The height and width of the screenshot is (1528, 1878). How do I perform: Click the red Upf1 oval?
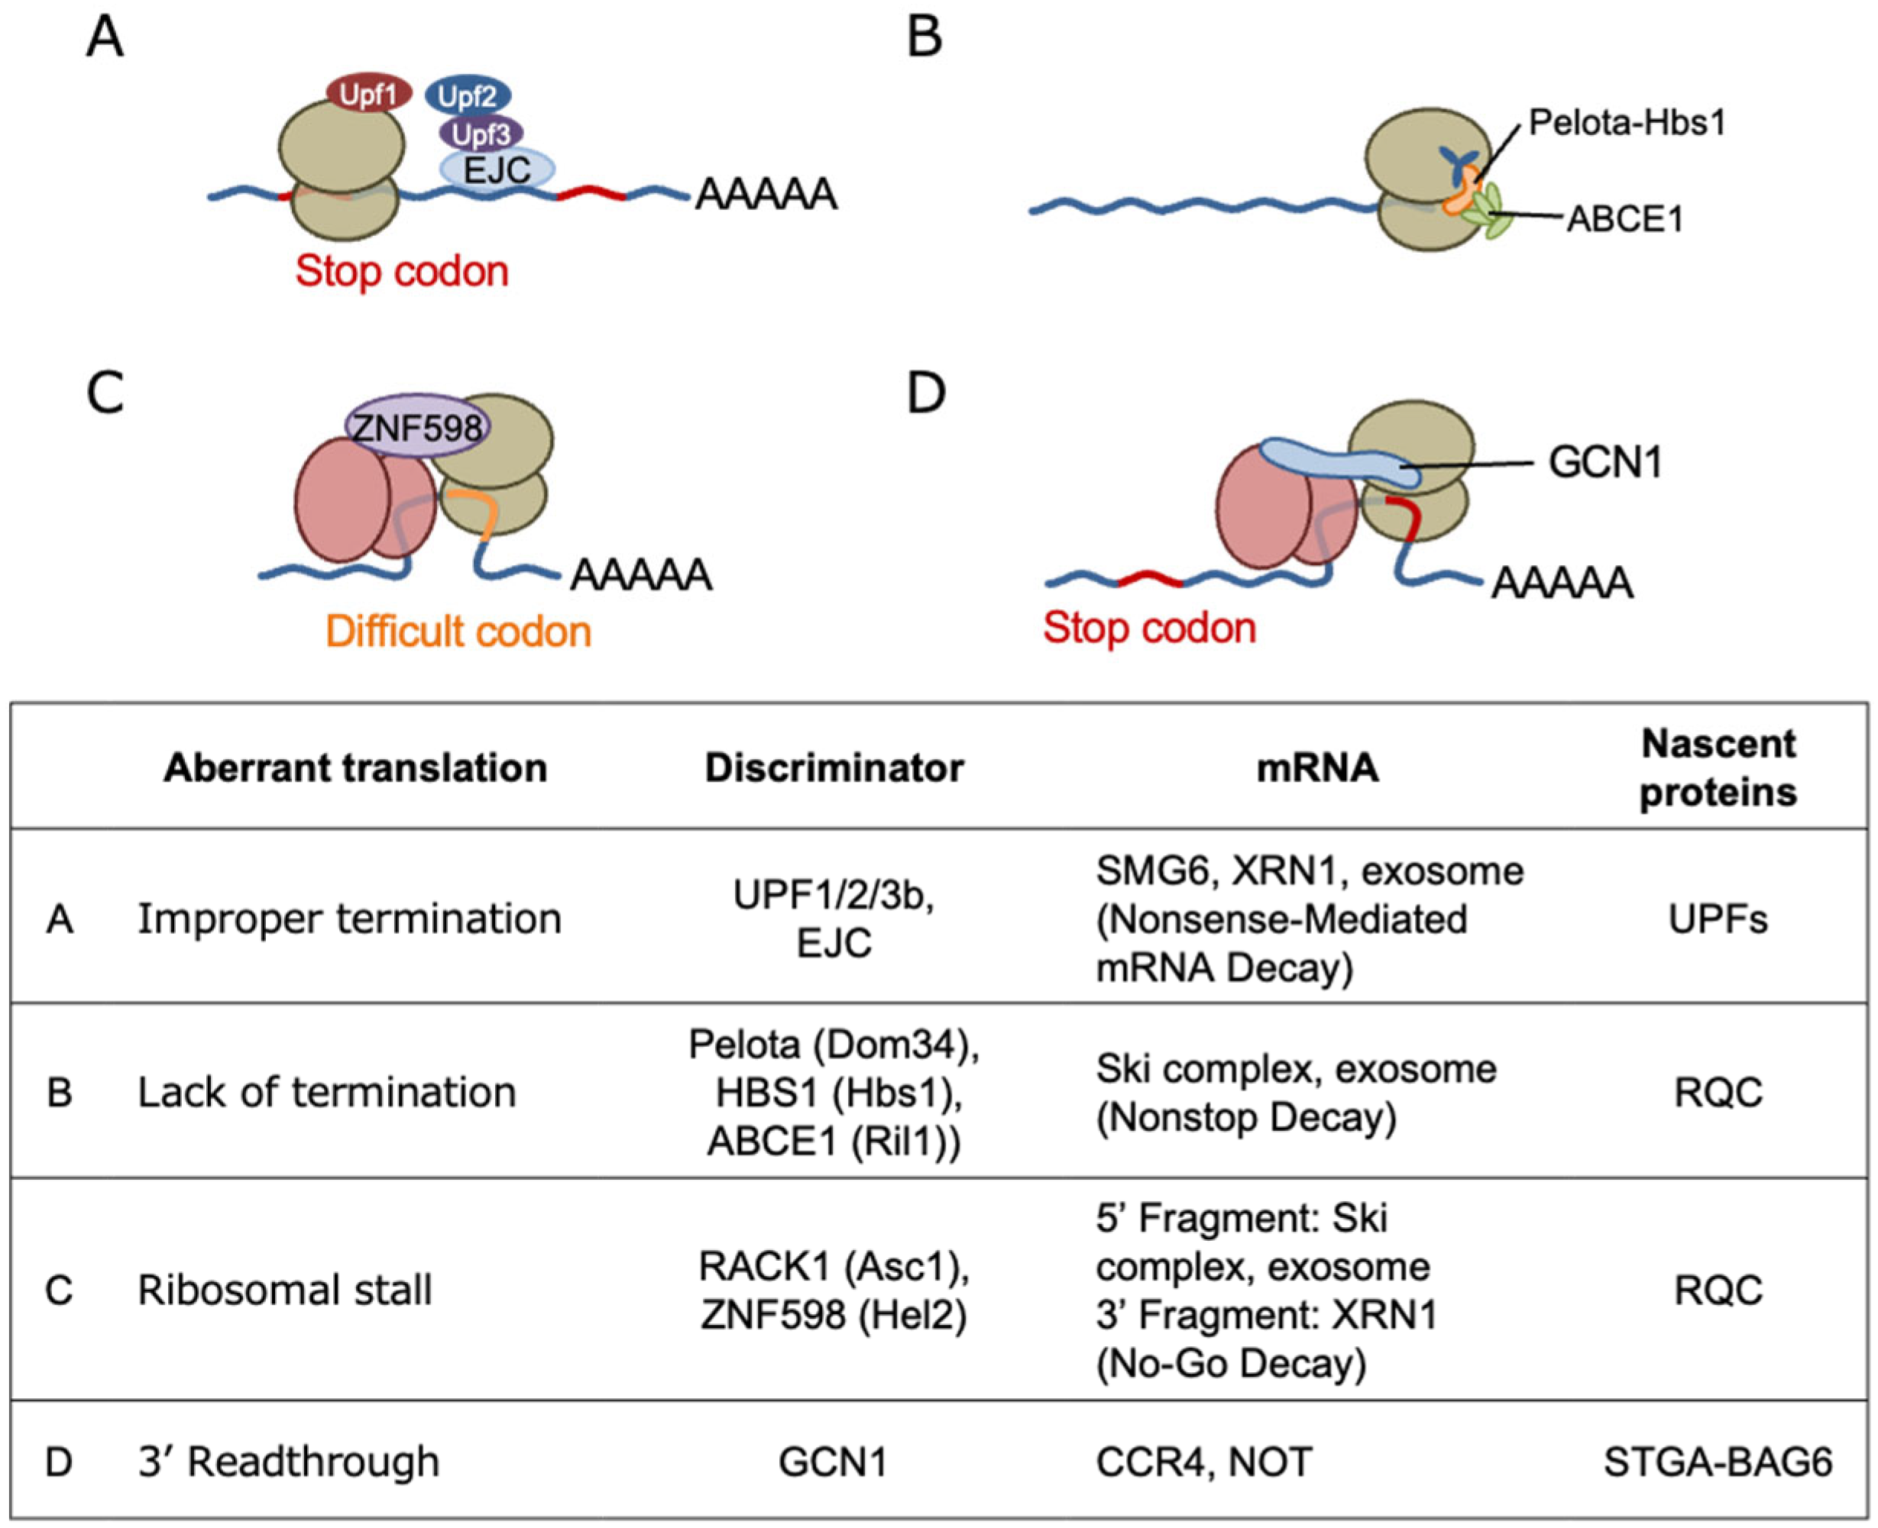pos(369,93)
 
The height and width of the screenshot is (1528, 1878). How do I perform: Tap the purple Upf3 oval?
pos(481,134)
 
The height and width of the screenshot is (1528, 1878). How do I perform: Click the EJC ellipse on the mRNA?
pos(497,169)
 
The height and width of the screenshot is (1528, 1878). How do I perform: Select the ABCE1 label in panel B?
pos(1624,218)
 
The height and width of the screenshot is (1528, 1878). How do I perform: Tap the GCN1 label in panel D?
pos(1605,462)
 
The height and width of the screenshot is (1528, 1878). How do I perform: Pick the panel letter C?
pos(105,393)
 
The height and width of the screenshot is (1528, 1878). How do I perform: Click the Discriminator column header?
pos(834,767)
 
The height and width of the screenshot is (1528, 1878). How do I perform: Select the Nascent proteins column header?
pos(1718,767)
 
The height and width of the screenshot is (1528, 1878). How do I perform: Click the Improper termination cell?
pos(349,919)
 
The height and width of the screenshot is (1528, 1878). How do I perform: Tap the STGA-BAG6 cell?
pos(1718,1461)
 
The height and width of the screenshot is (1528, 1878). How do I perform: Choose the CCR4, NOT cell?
pos(1203,1461)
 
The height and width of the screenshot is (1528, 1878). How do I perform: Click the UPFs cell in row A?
pos(1718,919)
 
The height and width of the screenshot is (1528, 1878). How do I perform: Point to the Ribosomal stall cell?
pos(284,1291)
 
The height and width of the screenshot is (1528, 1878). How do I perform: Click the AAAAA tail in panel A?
pos(765,195)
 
